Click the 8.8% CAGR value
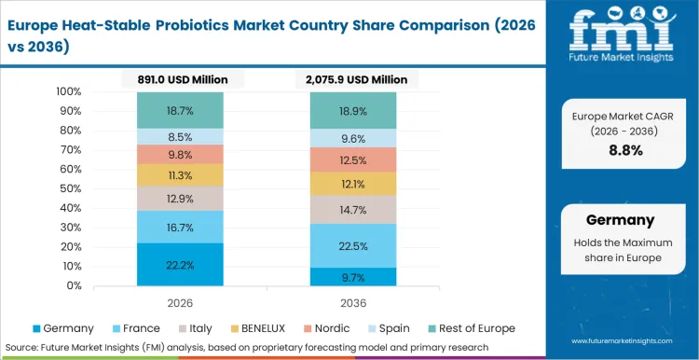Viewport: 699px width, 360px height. point(619,150)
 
